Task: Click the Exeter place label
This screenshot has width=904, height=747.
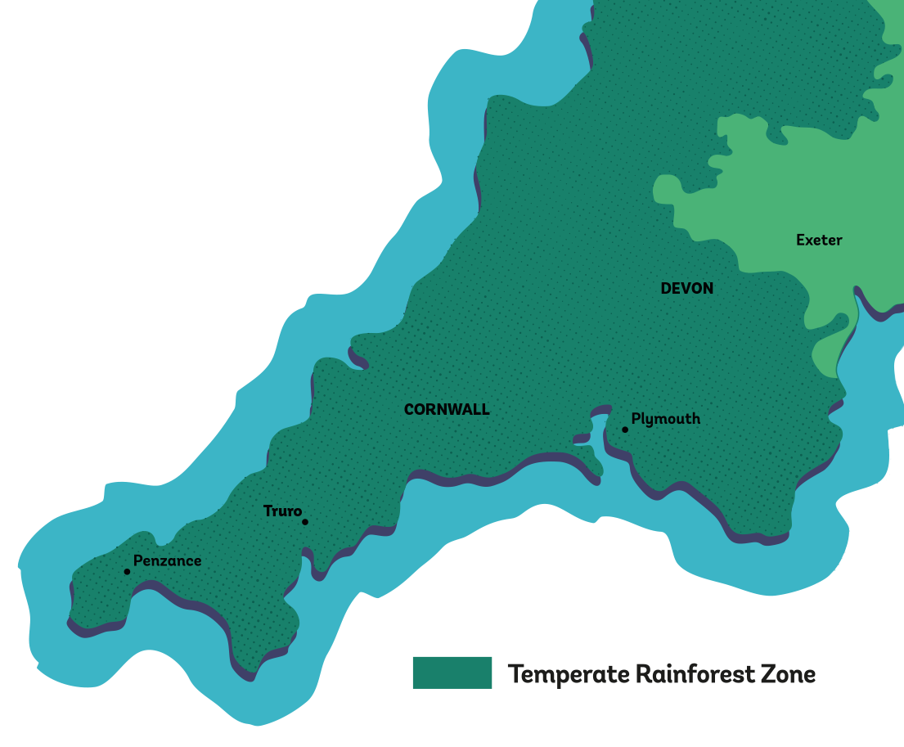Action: point(819,240)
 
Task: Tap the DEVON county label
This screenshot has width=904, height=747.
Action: point(686,288)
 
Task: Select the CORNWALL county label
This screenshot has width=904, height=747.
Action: point(447,410)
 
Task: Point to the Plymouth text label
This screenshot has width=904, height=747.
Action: point(666,419)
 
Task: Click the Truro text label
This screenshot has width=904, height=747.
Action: point(282,511)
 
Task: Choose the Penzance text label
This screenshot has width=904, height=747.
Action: point(167,561)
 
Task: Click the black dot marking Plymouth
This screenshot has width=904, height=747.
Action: point(625,430)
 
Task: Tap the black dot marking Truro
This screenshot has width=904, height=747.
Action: point(305,522)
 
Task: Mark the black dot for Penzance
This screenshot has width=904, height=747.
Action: point(127,571)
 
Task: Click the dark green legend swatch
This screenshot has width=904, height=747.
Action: point(452,673)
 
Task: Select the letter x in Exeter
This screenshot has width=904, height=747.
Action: point(810,241)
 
